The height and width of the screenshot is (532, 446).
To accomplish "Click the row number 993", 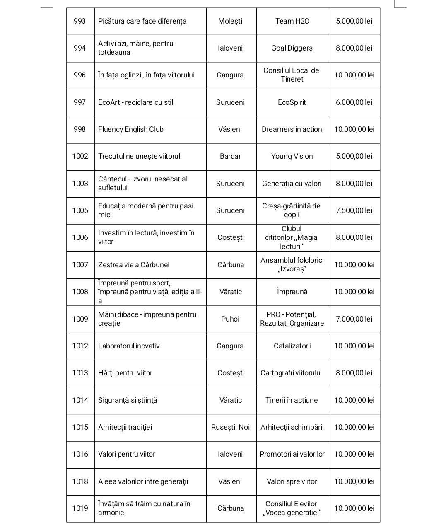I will coord(80,21).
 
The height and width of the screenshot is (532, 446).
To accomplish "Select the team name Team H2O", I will coord(292,21).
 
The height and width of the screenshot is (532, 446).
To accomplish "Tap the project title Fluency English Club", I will coord(131,129).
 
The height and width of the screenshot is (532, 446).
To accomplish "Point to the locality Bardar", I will coord(230,156).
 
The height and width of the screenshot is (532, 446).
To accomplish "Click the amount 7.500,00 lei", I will coord(354,210).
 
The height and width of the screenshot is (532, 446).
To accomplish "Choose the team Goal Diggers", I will coord(292,48).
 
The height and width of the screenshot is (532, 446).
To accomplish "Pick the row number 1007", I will coord(80,265).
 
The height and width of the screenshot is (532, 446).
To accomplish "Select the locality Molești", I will coord(230,21).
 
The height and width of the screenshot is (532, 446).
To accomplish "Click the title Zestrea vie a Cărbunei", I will coord(134,265).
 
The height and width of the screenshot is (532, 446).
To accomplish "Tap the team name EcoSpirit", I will coord(292,102).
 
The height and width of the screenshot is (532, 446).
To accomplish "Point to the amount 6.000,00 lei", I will coord(354,102).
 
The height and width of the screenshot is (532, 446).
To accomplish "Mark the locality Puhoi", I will coord(230,319).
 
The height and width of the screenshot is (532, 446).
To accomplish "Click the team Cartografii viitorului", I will coord(291,373).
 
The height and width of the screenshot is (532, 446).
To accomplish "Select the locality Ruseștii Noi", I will coord(230,427).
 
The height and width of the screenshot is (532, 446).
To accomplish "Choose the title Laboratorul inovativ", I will coord(129,346).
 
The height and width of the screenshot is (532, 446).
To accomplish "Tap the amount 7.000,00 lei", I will coord(354,319).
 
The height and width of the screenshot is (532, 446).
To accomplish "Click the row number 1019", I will coord(80,508).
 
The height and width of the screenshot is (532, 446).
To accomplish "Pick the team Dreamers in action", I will coord(292,129).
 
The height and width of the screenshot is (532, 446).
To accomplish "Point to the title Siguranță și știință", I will coord(128,400).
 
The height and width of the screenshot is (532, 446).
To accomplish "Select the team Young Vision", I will coord(292,156).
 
